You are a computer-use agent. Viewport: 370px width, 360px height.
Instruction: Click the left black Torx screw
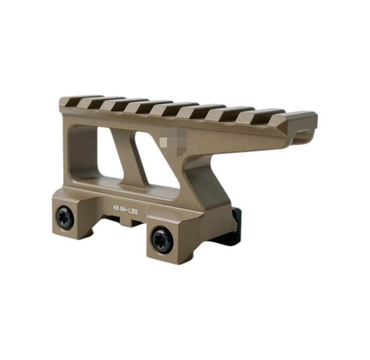[64, 217]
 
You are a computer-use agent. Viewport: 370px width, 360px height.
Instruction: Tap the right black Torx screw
[162, 240]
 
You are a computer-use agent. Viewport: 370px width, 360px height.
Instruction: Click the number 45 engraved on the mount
[116, 208]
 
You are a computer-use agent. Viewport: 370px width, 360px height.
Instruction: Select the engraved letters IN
[123, 209]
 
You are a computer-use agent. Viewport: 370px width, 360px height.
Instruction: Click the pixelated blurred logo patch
[173, 141]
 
